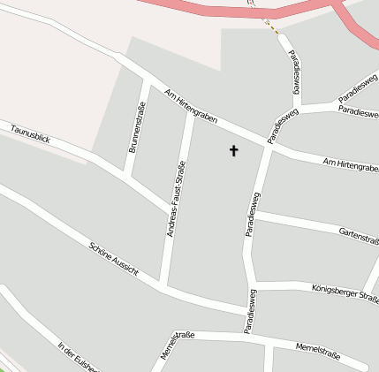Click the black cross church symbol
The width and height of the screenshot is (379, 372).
point(234,150)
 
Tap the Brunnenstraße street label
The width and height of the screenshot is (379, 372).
point(137,129)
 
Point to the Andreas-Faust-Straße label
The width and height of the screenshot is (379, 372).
point(176,199)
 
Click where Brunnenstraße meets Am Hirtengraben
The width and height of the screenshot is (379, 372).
point(145,81)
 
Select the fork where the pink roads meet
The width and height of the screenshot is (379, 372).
point(337,6)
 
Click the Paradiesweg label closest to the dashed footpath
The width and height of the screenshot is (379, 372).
point(295,72)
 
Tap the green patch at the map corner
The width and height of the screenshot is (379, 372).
point(4,368)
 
